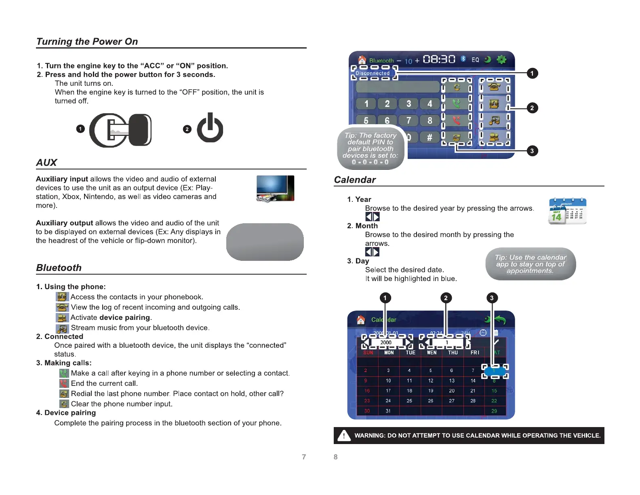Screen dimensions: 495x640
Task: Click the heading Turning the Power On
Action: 87,42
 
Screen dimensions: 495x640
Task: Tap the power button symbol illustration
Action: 210,128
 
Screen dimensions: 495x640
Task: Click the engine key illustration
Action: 121,130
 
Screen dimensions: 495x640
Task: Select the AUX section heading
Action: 46,163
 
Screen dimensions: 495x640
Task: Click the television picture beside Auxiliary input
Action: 275,188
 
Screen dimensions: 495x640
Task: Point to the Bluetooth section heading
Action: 59,268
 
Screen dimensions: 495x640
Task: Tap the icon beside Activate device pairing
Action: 62,318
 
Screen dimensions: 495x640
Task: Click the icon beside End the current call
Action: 64,383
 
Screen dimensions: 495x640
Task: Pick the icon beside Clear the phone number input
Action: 64,404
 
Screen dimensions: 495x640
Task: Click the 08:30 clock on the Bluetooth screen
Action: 439,60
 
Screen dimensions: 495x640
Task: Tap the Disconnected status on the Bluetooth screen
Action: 373,73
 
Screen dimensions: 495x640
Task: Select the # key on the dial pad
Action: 429,137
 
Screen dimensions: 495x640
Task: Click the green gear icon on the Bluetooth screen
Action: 501,60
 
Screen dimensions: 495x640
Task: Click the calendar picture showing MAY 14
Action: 567,211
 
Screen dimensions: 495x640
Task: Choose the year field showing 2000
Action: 386,343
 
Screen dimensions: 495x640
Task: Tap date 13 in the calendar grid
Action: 452,381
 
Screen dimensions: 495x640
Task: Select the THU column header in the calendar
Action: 453,353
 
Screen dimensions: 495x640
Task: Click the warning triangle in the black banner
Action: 344,436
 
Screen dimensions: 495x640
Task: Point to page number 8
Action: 335,457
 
